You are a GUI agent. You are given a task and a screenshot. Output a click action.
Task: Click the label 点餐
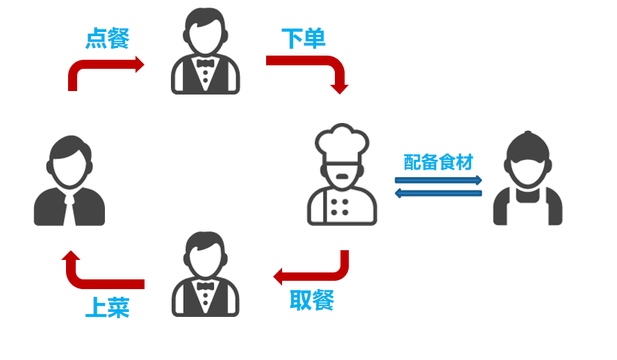pyautogui.click(x=107, y=38)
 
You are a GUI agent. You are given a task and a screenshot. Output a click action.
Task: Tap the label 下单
pyautogui.click(x=304, y=38)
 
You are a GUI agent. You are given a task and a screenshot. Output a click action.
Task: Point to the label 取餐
pyautogui.click(x=312, y=300)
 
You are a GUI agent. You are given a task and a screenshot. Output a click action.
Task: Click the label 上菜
pyautogui.click(x=107, y=307)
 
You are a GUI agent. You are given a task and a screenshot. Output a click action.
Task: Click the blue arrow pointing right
pyautogui.click(x=438, y=180)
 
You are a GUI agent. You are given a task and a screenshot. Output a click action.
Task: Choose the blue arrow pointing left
pyautogui.click(x=438, y=193)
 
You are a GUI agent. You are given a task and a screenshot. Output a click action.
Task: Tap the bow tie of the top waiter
pyautogui.click(x=205, y=63)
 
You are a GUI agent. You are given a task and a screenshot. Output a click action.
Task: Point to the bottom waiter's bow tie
pyautogui.click(x=205, y=285)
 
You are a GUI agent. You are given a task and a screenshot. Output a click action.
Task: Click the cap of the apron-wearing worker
pyautogui.click(x=528, y=146)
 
